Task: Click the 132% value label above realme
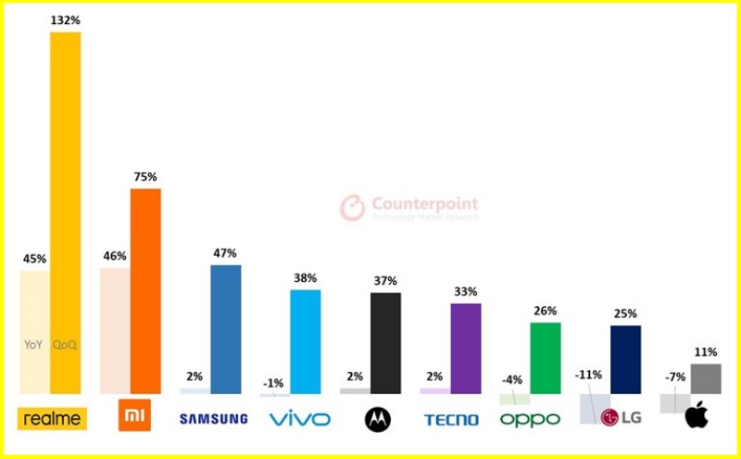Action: tap(66, 20)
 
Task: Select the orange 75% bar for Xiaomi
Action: tap(145, 291)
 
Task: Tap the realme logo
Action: tap(52, 419)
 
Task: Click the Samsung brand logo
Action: tap(213, 419)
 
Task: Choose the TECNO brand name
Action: tap(451, 420)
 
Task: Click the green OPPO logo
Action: tap(531, 419)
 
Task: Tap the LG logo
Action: tap(621, 417)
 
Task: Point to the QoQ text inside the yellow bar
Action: tap(66, 345)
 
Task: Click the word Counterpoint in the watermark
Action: tap(425, 204)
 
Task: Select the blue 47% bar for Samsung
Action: tap(226, 329)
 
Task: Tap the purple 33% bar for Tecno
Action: tap(466, 348)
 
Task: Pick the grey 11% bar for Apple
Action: tap(706, 378)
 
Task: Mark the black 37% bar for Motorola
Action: tap(385, 343)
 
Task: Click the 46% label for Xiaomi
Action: tap(115, 256)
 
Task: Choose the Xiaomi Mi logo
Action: tap(134, 416)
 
